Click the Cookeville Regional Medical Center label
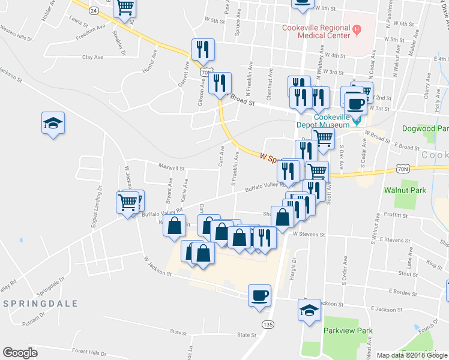pos(316,32)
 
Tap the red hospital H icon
pos(357,28)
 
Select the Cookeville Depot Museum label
pos(323,121)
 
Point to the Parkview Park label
pos(348,331)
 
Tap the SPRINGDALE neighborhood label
pos(41,304)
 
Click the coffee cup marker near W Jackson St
pos(260,295)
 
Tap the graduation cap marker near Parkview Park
pos(309,311)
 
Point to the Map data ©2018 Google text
pos(411,355)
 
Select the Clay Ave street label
pos(92,58)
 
